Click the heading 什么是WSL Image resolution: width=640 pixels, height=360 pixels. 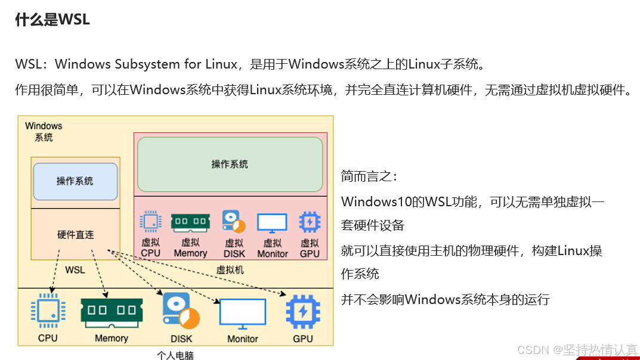(x=52, y=20)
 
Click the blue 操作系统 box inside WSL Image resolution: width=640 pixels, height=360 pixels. (x=75, y=181)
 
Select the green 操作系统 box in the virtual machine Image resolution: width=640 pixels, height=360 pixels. (x=230, y=164)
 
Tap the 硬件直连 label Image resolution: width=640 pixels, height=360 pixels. (x=75, y=234)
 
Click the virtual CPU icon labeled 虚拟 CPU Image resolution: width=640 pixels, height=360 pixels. (x=150, y=222)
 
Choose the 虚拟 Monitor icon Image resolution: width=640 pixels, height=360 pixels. (x=272, y=223)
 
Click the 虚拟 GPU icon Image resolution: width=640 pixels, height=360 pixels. (x=310, y=222)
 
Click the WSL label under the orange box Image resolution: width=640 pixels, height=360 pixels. (x=75, y=270)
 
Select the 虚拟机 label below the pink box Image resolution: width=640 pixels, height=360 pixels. (x=230, y=270)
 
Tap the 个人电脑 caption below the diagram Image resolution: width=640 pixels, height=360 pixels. (x=175, y=355)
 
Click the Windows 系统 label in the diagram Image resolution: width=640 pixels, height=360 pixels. (x=44, y=132)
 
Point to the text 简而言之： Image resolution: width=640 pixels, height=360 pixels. (x=369, y=176)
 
